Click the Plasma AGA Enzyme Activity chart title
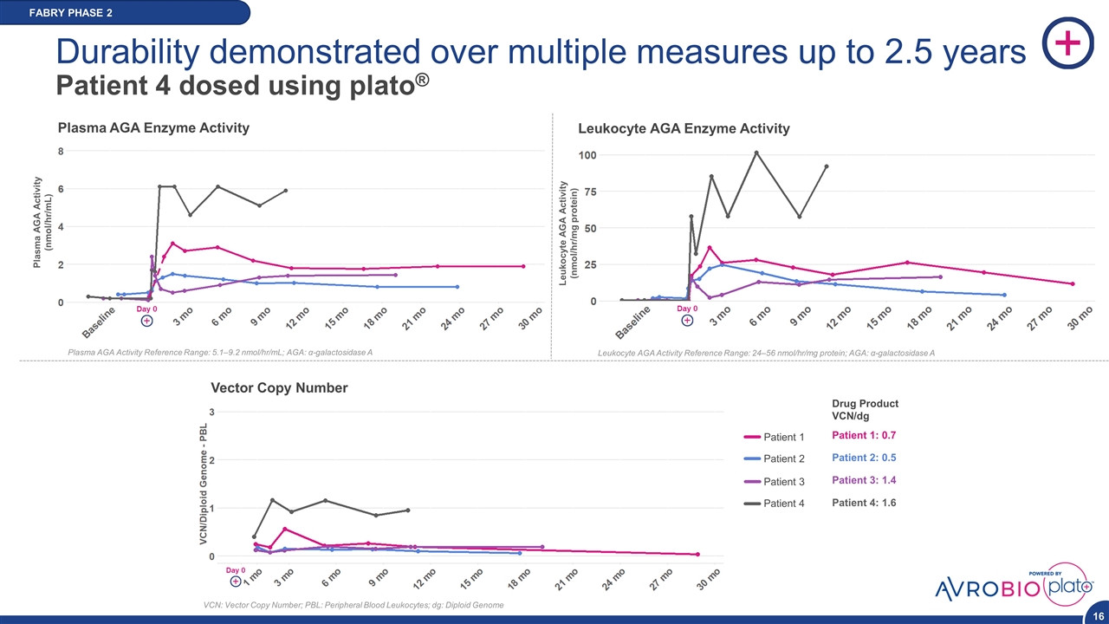(153, 127)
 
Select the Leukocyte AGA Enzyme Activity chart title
(684, 128)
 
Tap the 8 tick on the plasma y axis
(61, 151)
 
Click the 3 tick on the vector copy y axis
(212, 410)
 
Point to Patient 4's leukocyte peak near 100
(756, 153)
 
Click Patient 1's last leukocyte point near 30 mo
(1073, 283)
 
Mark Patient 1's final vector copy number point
(697, 555)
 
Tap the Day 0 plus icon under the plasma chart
(147, 321)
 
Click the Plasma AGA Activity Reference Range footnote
(220, 352)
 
